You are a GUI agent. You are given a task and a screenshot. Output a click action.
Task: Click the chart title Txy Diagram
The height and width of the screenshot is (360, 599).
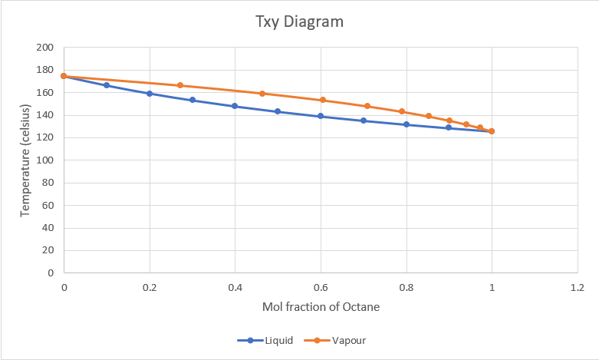pos(299,21)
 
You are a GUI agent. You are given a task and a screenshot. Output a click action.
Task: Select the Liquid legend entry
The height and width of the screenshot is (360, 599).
pos(268,340)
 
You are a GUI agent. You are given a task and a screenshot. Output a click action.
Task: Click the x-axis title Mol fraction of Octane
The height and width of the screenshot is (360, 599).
pos(321,306)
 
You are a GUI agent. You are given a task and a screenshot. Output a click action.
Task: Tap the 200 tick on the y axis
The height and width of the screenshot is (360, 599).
pos(45,48)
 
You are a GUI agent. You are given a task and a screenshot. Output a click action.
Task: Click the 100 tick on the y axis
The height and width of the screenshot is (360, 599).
pos(45,160)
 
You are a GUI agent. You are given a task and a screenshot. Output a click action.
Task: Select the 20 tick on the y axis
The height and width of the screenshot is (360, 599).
pos(48,250)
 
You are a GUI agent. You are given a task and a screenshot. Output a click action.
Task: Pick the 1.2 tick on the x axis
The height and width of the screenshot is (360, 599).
pos(578,287)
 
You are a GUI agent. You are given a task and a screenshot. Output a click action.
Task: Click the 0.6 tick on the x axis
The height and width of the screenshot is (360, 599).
pos(321,287)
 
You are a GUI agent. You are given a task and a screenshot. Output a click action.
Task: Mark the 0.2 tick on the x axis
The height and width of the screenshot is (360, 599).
pos(150,287)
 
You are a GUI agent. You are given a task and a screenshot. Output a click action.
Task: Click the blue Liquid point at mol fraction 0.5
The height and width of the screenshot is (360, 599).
pos(278,111)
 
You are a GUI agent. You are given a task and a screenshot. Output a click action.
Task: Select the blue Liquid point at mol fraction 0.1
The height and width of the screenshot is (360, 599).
pos(107,85)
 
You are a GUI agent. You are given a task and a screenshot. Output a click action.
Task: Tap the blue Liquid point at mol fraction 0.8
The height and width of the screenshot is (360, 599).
pos(406,124)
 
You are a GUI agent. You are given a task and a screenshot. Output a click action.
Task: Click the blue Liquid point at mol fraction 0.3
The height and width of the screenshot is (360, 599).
pos(193,100)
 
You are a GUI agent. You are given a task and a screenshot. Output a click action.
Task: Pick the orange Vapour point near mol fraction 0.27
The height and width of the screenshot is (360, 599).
pos(180,85)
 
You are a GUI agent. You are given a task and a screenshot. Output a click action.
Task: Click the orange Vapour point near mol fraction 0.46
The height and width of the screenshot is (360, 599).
pos(262,94)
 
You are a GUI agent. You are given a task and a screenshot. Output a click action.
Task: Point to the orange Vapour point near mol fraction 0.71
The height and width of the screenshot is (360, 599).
pos(367,106)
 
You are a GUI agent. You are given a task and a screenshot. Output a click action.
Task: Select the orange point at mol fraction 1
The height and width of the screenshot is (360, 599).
pos(492,131)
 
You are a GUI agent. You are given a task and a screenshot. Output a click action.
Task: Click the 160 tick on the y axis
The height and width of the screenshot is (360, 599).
pos(45,93)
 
